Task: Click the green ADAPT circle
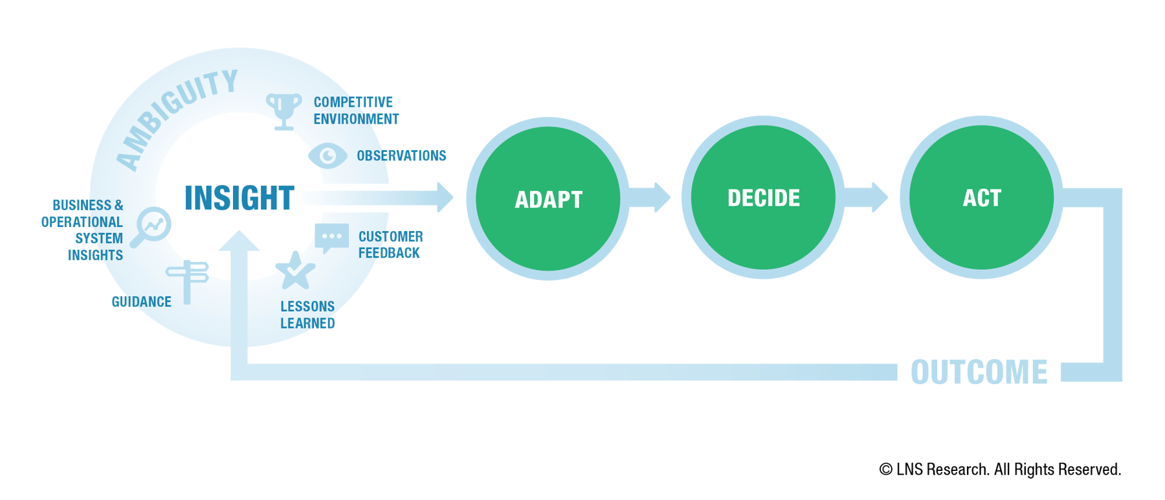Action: click(548, 198)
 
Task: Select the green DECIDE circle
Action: click(763, 197)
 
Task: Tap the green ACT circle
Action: click(981, 197)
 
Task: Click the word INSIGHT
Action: click(239, 198)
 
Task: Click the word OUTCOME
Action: click(979, 373)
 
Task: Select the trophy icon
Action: click(283, 111)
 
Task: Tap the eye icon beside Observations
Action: click(327, 155)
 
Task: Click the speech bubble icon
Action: click(331, 237)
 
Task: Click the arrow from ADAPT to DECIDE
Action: click(650, 197)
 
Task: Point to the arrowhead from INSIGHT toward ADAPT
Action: click(445, 197)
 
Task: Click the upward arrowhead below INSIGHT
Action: click(239, 242)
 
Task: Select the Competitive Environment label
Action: click(355, 111)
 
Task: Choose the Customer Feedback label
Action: click(390, 245)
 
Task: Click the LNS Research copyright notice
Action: click(999, 470)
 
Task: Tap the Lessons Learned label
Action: click(307, 314)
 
